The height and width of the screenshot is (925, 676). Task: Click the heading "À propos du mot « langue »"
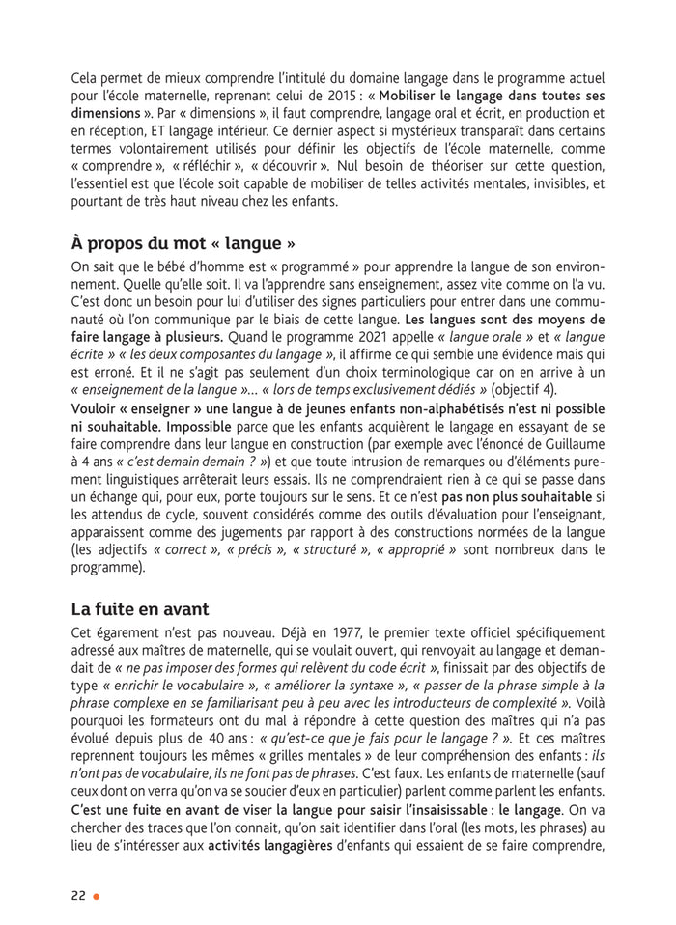(x=183, y=240)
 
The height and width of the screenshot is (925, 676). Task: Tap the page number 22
(x=78, y=895)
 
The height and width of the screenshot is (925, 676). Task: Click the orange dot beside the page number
(x=96, y=896)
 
